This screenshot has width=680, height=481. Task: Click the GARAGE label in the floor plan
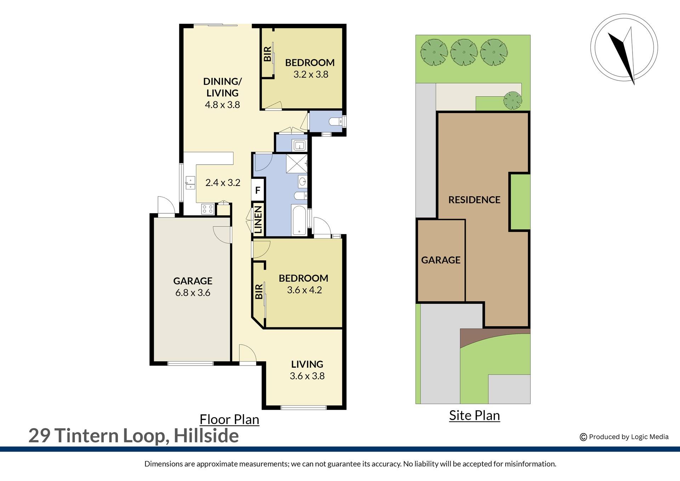pos(193,281)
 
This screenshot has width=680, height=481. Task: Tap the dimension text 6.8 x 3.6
pos(193,293)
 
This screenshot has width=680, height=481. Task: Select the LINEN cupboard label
pos(258,219)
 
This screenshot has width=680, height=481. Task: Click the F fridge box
pos(258,190)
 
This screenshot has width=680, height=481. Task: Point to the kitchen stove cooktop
pos(208,209)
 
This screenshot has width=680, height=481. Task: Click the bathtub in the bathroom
pos(299,220)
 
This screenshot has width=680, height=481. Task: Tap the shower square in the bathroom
pos(296,164)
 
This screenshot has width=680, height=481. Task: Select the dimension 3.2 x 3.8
pos(311,74)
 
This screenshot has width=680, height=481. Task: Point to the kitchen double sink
pos(191,183)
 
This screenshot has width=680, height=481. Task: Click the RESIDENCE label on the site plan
pos(474,200)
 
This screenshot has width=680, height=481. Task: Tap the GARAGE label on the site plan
pos(441,260)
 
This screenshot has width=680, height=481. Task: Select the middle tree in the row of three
pos(464,52)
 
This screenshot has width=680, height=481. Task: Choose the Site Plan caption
pos(474,415)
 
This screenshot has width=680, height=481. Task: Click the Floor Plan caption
pos(229,419)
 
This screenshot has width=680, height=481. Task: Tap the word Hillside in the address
pos(206,436)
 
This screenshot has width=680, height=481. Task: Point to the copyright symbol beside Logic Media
pos(583,437)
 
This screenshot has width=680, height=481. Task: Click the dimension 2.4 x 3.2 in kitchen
pos(223,182)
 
